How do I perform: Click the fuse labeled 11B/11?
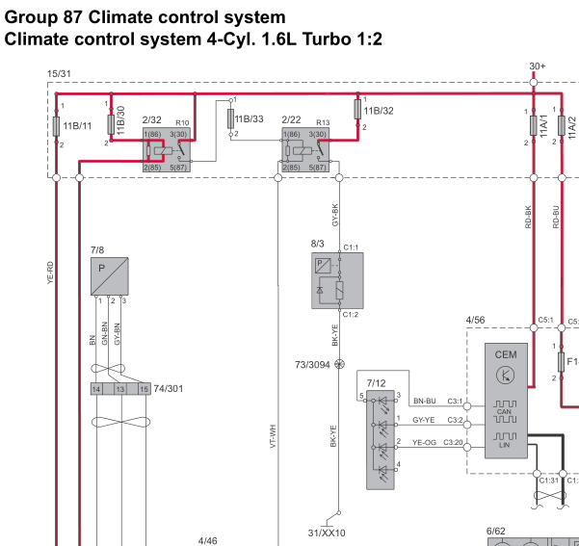56,125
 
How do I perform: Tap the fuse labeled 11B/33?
230,118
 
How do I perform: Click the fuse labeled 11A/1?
533,126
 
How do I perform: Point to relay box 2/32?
166,149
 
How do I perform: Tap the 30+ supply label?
538,66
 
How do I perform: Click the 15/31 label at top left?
59,73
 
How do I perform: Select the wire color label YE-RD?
50,273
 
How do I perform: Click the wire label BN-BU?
424,401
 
